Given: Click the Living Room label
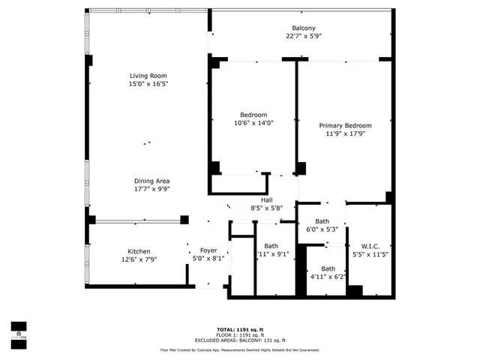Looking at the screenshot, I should click(x=148, y=76).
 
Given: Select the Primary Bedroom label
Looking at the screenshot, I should click(x=345, y=125).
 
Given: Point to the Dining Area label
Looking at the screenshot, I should click(x=151, y=181).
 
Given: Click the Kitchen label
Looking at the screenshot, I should click(x=138, y=251).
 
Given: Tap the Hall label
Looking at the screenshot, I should click(x=266, y=200).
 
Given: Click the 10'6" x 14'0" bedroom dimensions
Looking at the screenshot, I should click(x=248, y=123).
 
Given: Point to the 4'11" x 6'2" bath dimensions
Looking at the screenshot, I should click(x=328, y=277).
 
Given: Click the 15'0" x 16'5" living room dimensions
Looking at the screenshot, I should click(x=148, y=84).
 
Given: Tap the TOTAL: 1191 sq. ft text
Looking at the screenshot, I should click(x=240, y=329).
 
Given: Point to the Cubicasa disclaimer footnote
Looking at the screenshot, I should click(x=240, y=349).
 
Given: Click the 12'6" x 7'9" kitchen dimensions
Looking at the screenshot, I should click(x=138, y=259).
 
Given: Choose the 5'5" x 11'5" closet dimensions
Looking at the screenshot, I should click(x=370, y=255).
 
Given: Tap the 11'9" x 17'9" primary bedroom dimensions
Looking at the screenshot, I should click(x=345, y=134).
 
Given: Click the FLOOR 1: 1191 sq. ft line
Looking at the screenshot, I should click(x=240, y=334).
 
